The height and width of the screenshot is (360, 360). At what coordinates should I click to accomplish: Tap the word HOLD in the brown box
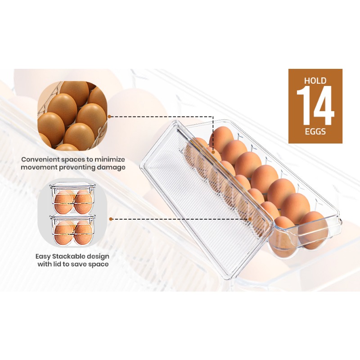click(315, 81)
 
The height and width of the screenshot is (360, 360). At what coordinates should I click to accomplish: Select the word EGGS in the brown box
click(315, 132)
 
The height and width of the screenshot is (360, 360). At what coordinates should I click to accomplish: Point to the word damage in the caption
click(113, 167)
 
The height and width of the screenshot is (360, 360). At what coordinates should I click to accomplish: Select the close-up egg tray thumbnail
click(72, 116)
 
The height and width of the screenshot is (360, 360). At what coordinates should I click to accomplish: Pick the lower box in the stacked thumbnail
click(72, 229)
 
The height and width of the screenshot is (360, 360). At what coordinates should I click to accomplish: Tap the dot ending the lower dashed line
click(250, 219)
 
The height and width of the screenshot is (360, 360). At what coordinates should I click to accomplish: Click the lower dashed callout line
click(180, 219)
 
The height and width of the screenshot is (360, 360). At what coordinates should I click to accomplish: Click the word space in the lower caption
click(99, 264)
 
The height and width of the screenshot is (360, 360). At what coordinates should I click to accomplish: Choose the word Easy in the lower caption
click(45, 256)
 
